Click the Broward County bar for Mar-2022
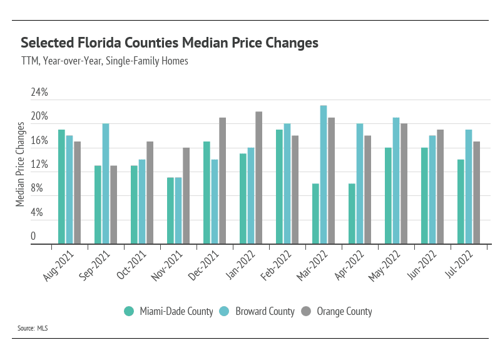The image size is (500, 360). point(324,175)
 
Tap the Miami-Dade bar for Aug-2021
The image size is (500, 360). point(61,187)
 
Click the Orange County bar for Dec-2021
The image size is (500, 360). point(222,181)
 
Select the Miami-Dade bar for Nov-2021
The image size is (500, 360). point(170,210)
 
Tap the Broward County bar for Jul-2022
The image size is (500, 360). point(469,187)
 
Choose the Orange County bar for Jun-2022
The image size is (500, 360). point(440,187)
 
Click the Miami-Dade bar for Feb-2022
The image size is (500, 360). point(279,187)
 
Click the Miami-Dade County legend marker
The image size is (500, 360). point(130,311)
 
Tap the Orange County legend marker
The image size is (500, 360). point(307,311)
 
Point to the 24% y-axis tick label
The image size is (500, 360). point(39,93)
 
